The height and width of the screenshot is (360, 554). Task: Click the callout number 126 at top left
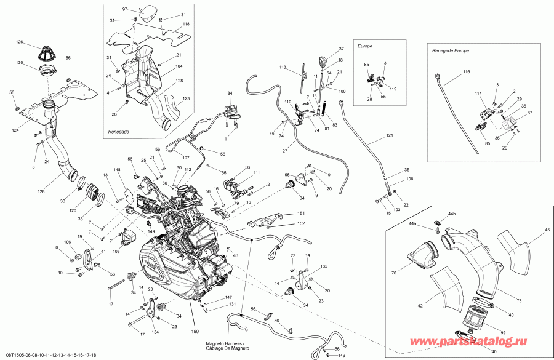tap(20, 42)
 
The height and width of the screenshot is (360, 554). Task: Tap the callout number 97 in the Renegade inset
tap(124, 10)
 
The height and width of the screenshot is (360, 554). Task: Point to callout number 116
tap(466, 73)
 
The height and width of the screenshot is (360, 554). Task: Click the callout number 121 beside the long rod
tap(388, 135)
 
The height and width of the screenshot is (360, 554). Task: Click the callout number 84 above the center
tap(230, 93)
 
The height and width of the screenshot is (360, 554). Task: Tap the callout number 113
tap(284, 67)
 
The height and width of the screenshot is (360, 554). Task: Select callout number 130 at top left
tap(20, 63)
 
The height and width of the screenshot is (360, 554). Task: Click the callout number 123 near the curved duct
tap(186, 98)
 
